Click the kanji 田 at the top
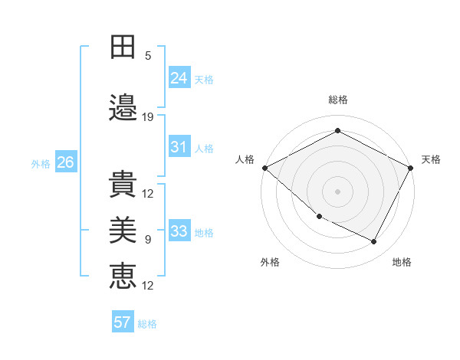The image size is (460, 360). [123, 47]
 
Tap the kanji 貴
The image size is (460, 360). [123, 182]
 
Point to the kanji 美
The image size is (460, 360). [123, 229]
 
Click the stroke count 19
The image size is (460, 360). [148, 117]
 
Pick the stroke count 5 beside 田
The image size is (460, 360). [148, 56]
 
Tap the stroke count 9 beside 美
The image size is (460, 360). [148, 240]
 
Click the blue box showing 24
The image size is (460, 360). [179, 77]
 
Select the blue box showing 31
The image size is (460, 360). [179, 147]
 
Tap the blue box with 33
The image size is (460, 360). [179, 231]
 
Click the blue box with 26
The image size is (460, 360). [65, 162]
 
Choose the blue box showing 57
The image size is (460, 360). [123, 322]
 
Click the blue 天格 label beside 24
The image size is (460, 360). [204, 79]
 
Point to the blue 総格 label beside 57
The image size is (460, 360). [147, 324]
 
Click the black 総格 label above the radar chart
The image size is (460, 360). [337, 100]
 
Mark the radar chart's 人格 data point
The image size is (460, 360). [264, 168]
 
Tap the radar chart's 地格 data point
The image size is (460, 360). [374, 242]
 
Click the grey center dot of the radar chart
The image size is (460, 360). [337, 191]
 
